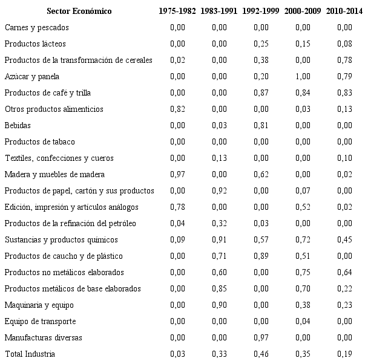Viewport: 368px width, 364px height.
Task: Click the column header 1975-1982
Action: click(x=177, y=11)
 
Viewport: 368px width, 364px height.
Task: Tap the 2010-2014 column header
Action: click(x=344, y=11)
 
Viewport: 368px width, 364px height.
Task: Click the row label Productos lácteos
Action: click(x=35, y=44)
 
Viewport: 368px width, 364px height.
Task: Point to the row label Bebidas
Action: click(x=16, y=125)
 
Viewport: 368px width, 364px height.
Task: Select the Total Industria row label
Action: click(x=30, y=353)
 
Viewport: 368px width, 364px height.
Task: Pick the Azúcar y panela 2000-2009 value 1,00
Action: click(x=303, y=76)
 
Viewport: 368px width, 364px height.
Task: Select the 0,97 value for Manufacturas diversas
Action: click(x=261, y=337)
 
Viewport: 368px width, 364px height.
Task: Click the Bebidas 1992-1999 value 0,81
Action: click(x=261, y=125)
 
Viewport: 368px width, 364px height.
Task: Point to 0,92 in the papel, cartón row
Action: click(x=220, y=190)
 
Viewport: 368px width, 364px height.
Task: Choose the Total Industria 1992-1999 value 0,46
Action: click(x=261, y=353)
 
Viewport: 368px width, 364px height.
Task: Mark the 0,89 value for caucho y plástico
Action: click(x=261, y=256)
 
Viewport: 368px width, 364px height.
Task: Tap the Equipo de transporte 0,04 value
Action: click(x=303, y=320)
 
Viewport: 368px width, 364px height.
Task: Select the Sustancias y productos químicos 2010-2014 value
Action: click(x=344, y=239)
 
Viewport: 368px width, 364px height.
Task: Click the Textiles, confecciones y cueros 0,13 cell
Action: click(x=220, y=158)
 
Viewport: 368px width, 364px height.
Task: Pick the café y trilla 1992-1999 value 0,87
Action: click(x=261, y=93)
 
